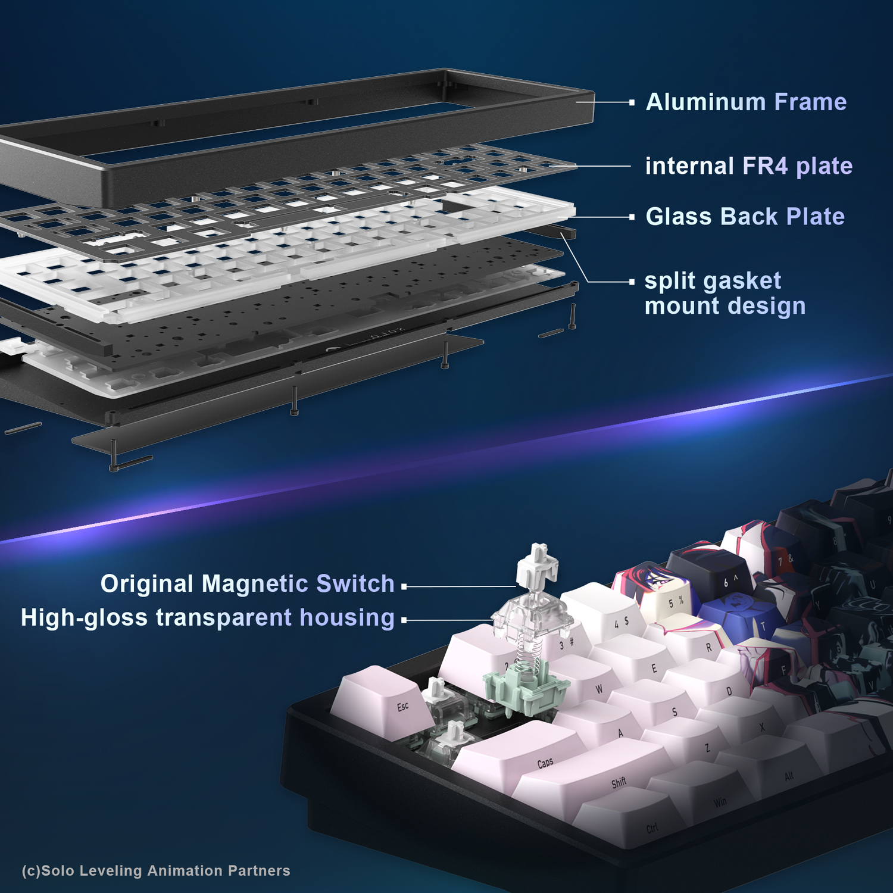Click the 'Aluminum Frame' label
click(746, 102)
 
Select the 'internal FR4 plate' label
click(748, 166)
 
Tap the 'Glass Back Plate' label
click(745, 217)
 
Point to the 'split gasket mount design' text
click(725, 293)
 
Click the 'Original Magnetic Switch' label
click(247, 584)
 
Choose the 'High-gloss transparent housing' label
click(208, 618)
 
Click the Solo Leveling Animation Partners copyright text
click(156, 870)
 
